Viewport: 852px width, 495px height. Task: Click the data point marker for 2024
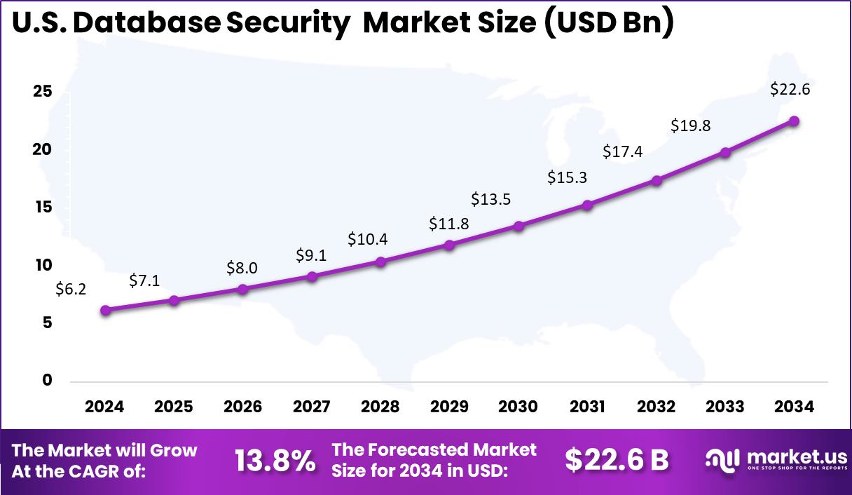pos(105,311)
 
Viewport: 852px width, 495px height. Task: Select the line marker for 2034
pos(794,121)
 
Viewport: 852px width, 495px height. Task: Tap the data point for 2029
pos(450,245)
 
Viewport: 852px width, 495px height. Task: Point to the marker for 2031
pos(587,205)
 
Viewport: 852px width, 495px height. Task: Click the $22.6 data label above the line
pos(790,90)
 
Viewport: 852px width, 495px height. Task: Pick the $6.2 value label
pos(71,290)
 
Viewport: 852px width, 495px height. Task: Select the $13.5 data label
pos(490,199)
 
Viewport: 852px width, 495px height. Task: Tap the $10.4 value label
pos(367,239)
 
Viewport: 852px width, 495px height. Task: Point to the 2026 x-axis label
pos(242,407)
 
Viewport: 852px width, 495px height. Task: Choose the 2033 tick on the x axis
pos(725,407)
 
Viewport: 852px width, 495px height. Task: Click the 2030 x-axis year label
pos(518,407)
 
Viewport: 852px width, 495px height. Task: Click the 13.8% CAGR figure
pos(275,461)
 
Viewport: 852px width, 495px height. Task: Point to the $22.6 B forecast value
pos(617,460)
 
